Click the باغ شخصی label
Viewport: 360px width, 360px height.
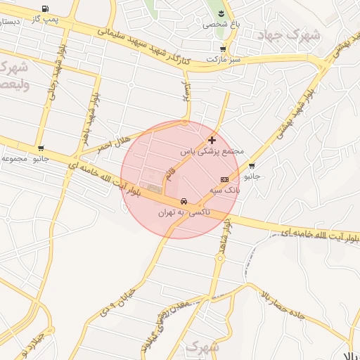pyautogui.click(x=221, y=24)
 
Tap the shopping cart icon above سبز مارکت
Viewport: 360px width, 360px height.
pyautogui.click(x=223, y=49)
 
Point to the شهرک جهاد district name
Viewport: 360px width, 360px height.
pyautogui.click(x=288, y=34)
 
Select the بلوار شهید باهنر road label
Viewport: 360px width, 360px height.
pyautogui.click(x=89, y=117)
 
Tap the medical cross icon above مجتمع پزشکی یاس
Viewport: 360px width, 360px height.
pyautogui.click(x=212, y=140)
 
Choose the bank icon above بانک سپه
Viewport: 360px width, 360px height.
pyautogui.click(x=224, y=179)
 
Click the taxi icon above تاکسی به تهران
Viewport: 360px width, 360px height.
pyautogui.click(x=184, y=200)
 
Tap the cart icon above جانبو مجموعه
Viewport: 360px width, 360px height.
pyautogui.click(x=41, y=148)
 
